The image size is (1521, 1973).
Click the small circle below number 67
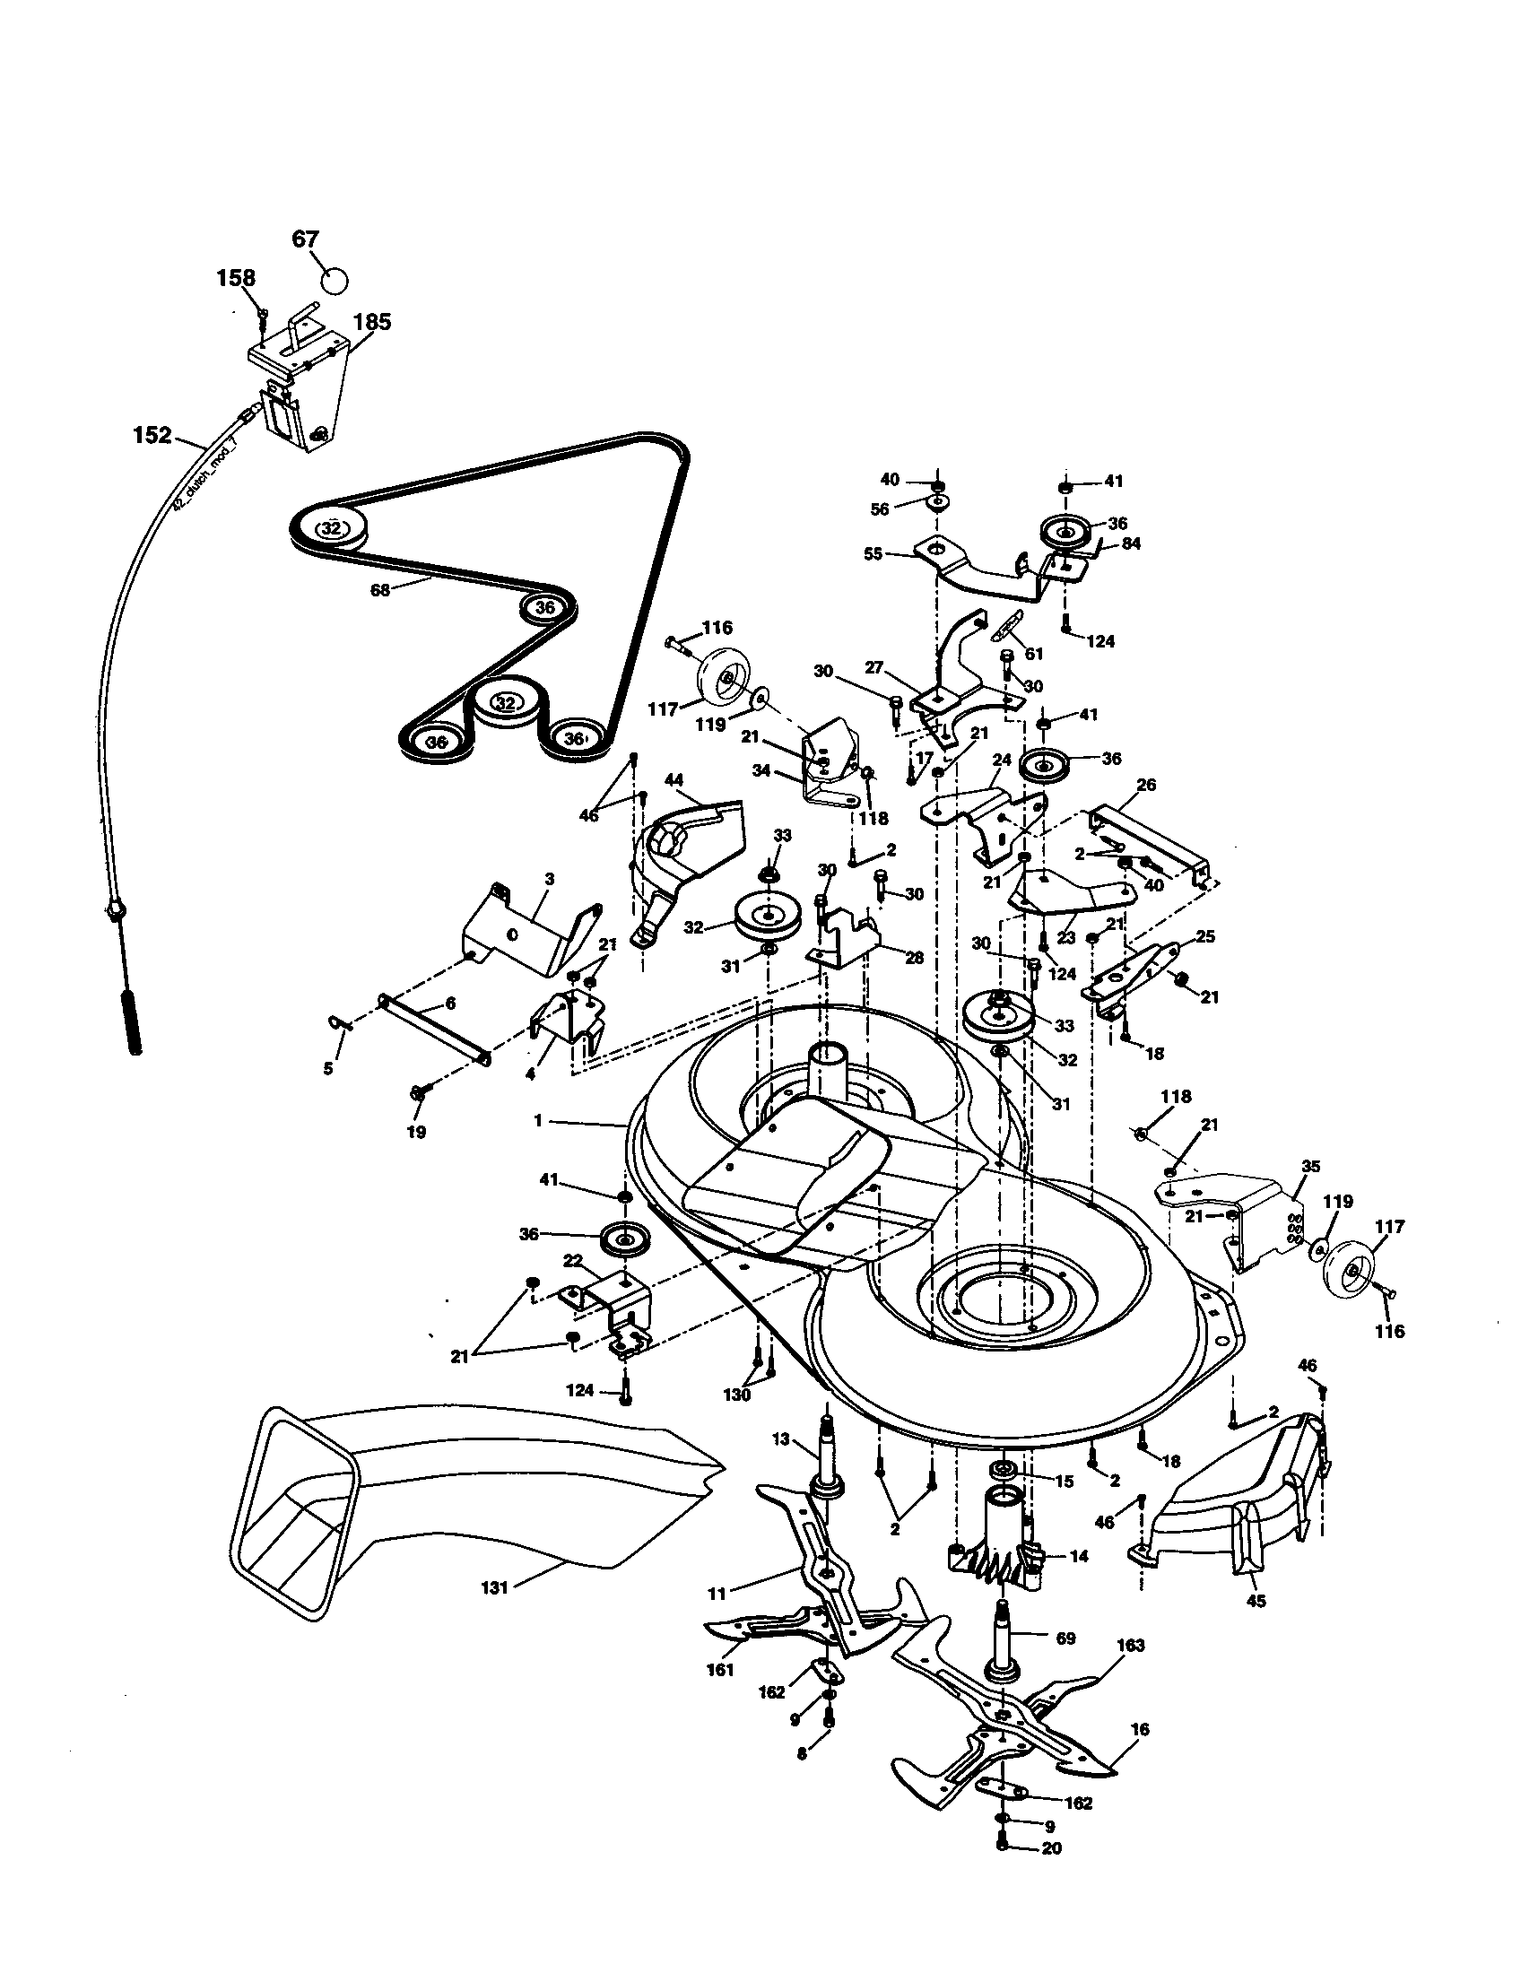[x=335, y=280]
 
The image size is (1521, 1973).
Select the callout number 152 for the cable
[x=152, y=436]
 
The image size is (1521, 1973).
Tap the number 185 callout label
[x=371, y=322]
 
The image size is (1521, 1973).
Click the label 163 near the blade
[x=1130, y=1645]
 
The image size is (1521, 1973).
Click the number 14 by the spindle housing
[x=1079, y=1557]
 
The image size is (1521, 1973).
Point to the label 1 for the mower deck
[x=538, y=1121]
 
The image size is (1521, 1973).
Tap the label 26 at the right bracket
[x=1145, y=785]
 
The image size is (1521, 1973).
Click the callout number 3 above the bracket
[x=549, y=878]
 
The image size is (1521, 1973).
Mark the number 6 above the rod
[x=450, y=1003]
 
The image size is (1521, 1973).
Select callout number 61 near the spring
[x=1034, y=653]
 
